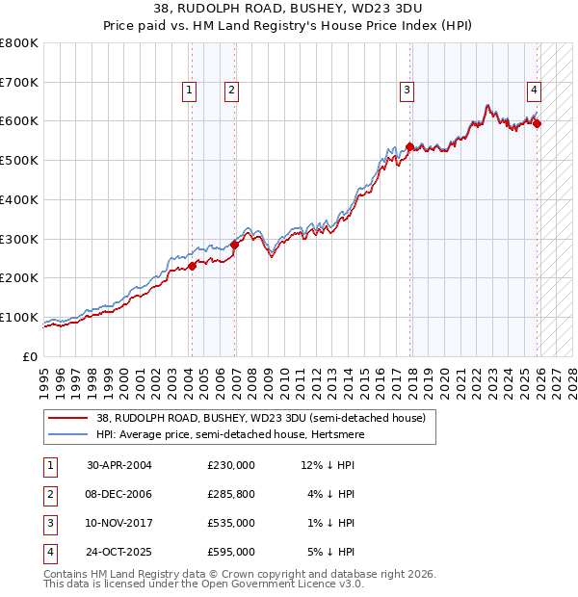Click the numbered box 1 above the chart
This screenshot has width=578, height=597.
click(x=189, y=91)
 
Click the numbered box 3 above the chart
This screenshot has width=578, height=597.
click(x=407, y=91)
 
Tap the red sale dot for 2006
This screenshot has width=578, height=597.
click(x=234, y=245)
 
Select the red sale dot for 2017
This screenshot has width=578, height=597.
click(x=409, y=147)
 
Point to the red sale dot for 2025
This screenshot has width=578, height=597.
click(x=538, y=123)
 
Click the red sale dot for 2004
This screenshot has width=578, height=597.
click(x=191, y=266)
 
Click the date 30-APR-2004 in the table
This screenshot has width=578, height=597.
click(x=118, y=465)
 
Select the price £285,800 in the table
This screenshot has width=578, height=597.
click(x=231, y=494)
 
